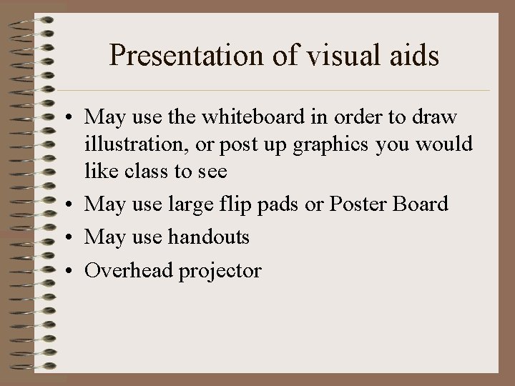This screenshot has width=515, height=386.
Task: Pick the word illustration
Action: point(135,144)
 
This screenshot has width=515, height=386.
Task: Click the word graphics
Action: point(323,145)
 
